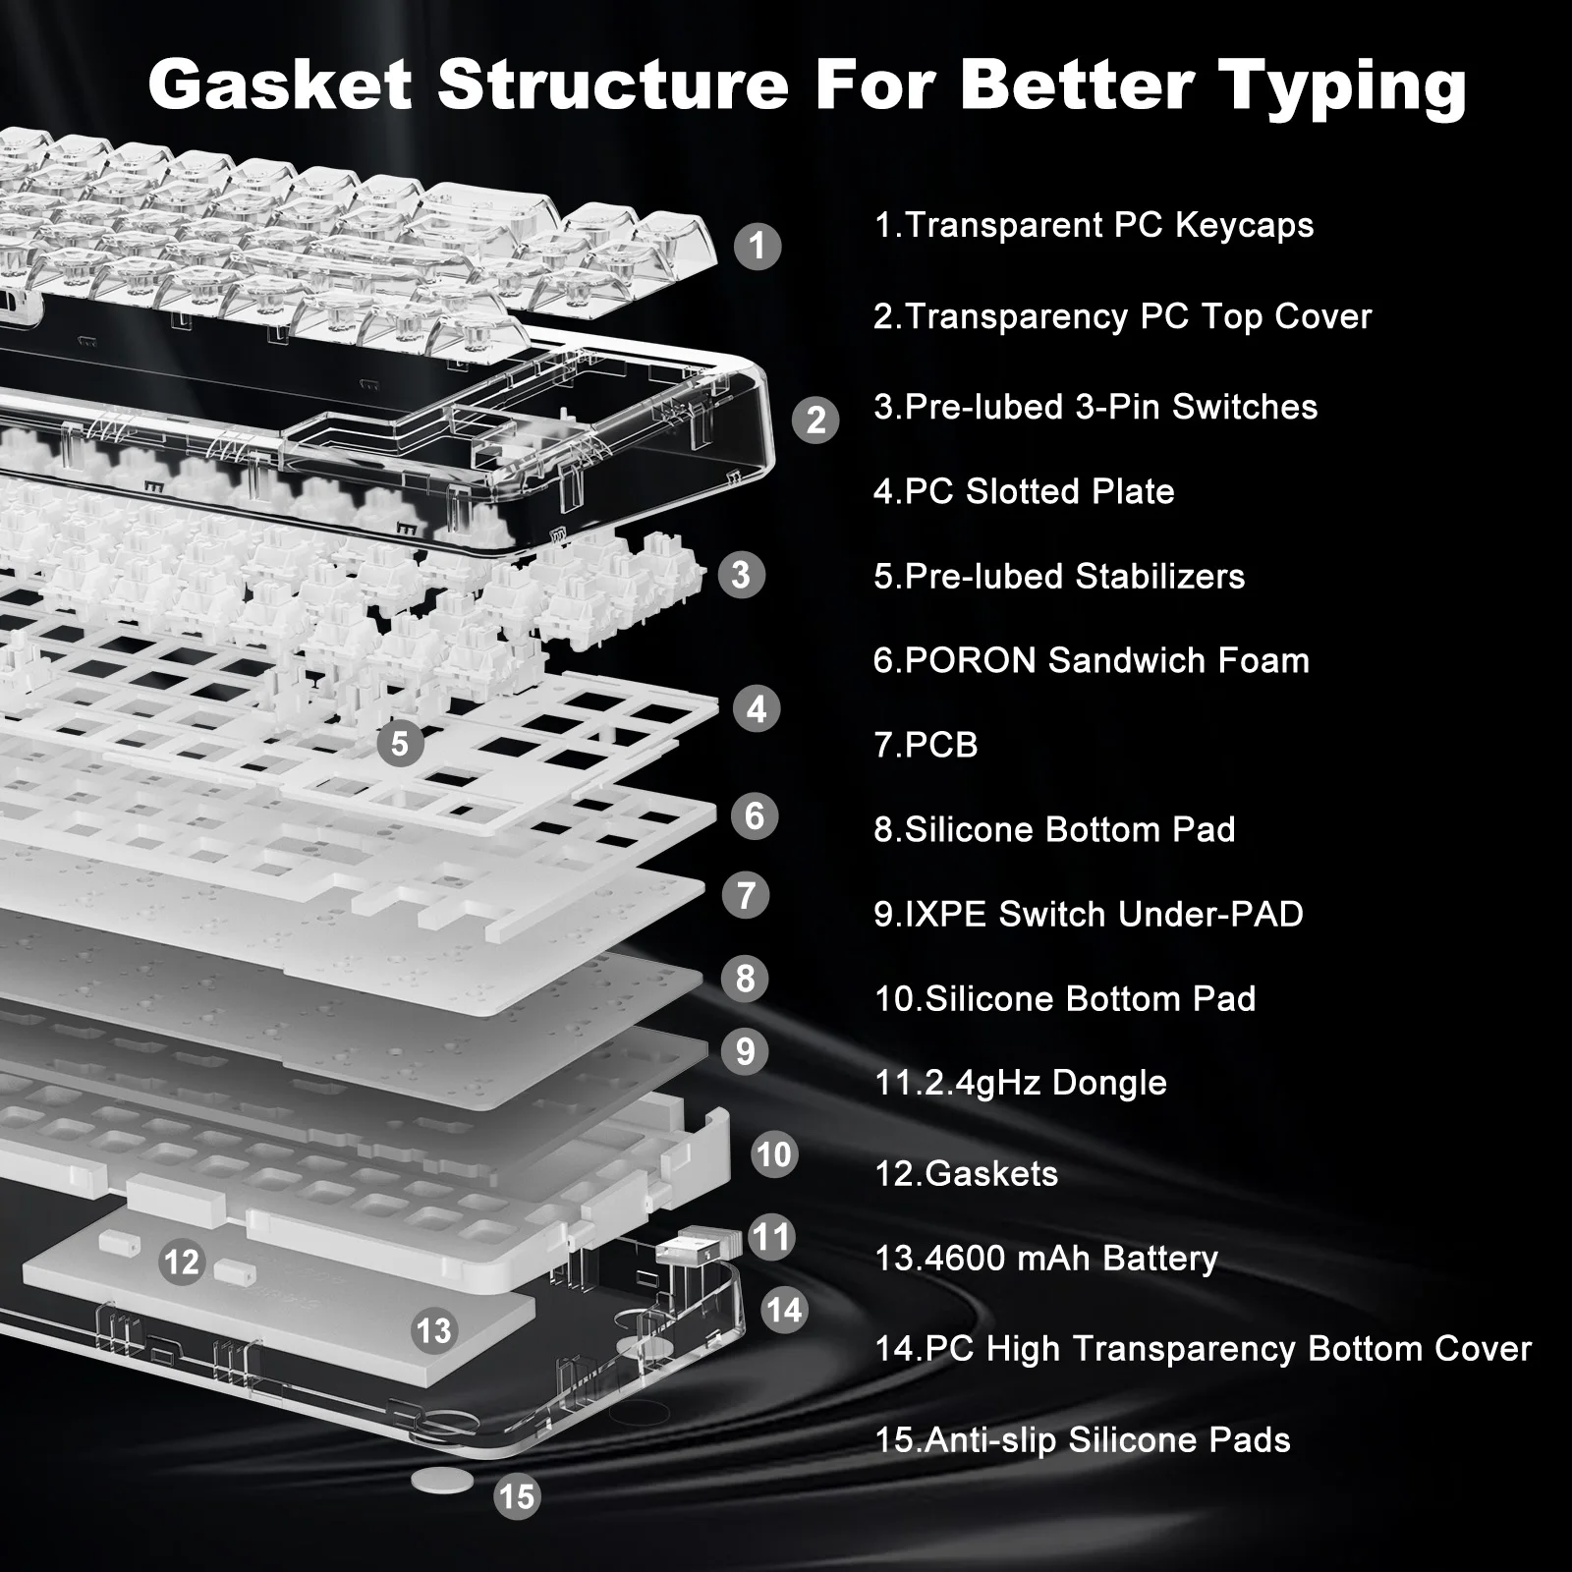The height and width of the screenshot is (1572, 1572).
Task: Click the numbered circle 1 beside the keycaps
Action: [x=757, y=245]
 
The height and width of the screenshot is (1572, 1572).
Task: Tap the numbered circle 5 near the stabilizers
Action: [x=399, y=743]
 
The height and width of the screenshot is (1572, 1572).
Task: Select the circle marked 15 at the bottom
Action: [x=517, y=1496]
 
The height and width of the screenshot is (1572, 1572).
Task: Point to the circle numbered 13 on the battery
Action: [x=433, y=1330]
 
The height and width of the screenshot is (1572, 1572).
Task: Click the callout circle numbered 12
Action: [x=182, y=1262]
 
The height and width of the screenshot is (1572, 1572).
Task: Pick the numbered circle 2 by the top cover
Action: [x=815, y=420]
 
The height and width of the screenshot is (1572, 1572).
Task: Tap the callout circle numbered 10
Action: [x=774, y=1153]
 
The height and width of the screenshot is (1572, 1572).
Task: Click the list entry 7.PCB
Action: [x=926, y=745]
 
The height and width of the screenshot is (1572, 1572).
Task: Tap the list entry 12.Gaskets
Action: [x=966, y=1173]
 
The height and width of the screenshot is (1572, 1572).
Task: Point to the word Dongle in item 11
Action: [x=1109, y=1083]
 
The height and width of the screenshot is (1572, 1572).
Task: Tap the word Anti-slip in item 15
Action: [x=991, y=1439]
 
